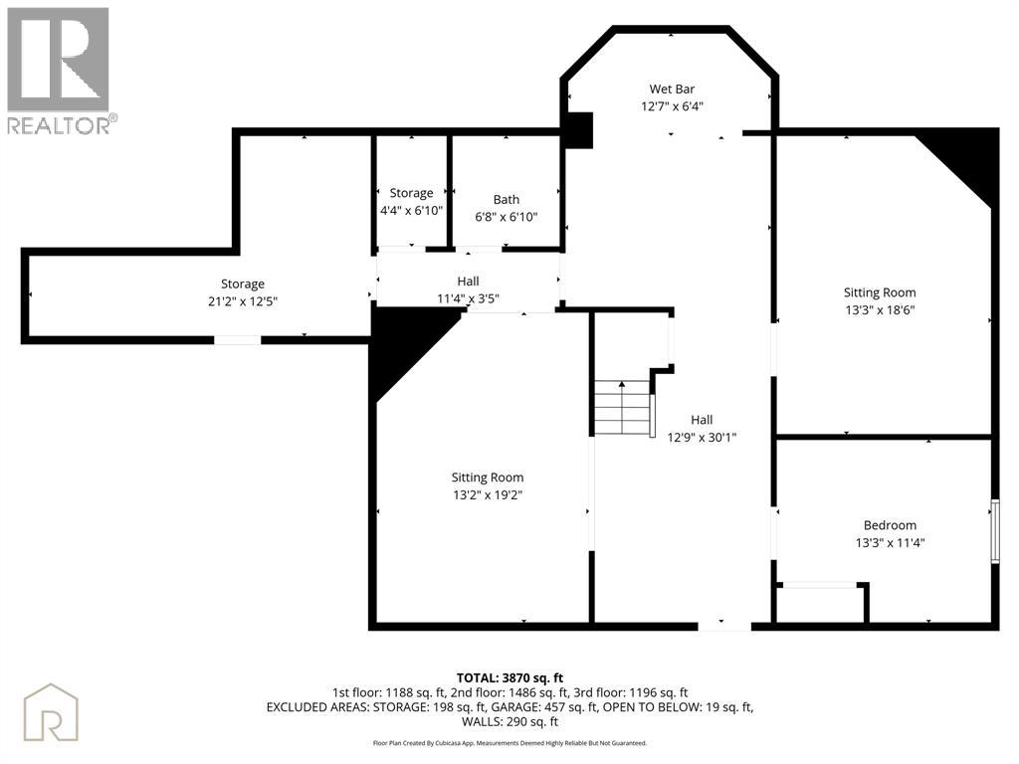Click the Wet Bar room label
point(672,89)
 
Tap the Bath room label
point(507,199)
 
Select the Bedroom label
point(890,525)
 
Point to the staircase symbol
point(622,407)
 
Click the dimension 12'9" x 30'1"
point(702,438)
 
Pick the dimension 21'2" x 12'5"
point(243,301)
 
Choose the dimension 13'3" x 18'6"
point(880,310)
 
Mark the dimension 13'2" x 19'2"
point(488,495)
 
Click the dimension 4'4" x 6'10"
point(411,211)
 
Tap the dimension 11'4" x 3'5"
point(468,298)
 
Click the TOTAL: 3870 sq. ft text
point(509,678)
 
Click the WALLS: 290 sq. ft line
point(509,722)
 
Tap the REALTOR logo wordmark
point(60,125)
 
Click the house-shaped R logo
point(51,712)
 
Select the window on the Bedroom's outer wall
point(995,531)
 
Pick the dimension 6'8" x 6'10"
point(507,217)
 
